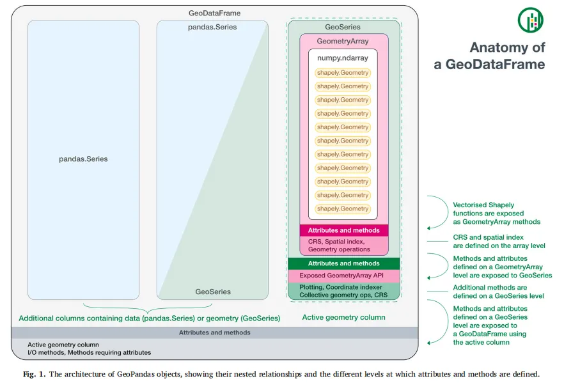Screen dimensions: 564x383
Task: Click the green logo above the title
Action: [x=531, y=20]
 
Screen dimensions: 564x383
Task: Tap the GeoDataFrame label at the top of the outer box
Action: [x=214, y=13]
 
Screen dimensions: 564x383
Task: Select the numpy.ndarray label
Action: [x=343, y=58]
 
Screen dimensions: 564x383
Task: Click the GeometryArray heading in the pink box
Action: [x=343, y=42]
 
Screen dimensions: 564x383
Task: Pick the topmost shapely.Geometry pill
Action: [x=343, y=73]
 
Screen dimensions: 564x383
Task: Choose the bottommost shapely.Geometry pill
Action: [x=343, y=208]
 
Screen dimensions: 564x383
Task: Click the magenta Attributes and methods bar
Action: [x=344, y=230]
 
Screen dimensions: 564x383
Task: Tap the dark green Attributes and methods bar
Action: [x=344, y=263]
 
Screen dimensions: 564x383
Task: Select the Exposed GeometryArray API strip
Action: [x=344, y=276]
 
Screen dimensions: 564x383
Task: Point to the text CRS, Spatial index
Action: [x=336, y=242]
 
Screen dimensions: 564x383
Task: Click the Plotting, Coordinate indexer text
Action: [x=341, y=287]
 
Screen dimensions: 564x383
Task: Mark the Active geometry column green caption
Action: [x=343, y=317]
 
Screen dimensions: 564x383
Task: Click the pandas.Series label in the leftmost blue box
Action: [x=83, y=159]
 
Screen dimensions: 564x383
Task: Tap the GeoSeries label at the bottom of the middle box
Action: [x=213, y=292]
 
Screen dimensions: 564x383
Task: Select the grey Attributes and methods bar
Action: [x=215, y=332]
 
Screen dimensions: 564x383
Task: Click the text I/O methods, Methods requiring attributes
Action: [x=90, y=352]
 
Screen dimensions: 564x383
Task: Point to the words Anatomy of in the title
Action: [x=507, y=47]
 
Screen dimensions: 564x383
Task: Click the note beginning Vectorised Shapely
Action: [x=496, y=214]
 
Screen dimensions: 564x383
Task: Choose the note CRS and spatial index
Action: [x=499, y=241]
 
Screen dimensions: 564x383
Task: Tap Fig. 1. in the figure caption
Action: [x=34, y=374]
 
